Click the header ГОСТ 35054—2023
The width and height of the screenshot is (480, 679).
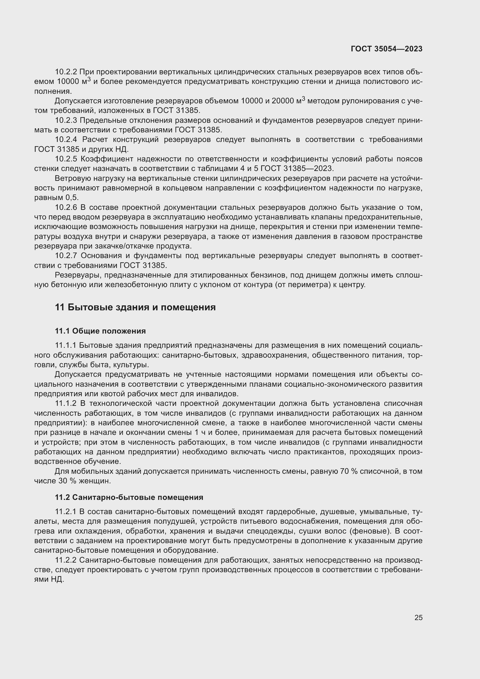tap(386, 49)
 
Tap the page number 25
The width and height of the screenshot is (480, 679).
tap(418, 617)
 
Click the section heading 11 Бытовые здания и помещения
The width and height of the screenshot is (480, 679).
tap(135, 307)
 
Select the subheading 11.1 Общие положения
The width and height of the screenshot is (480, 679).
tap(100, 331)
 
